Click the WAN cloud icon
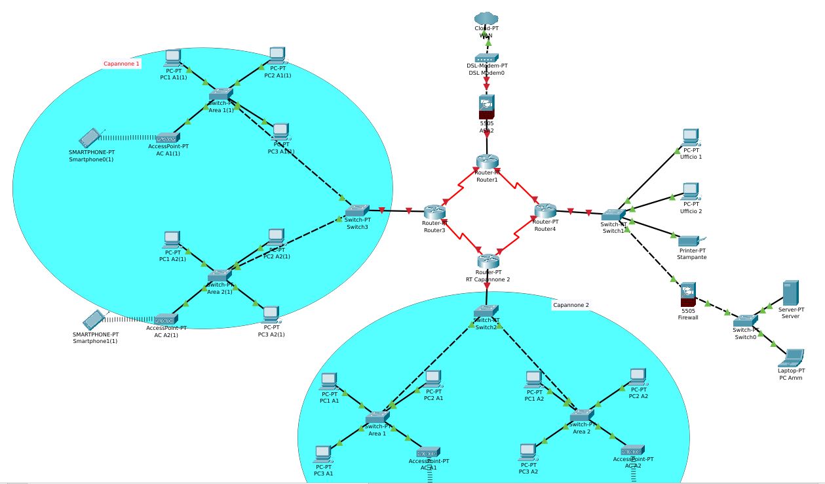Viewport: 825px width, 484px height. (487, 18)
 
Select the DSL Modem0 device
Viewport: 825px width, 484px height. (487, 58)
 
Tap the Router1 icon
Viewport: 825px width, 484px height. (487, 161)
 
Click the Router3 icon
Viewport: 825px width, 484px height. (434, 211)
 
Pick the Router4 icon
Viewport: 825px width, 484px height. (545, 211)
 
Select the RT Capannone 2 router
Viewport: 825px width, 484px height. (488, 260)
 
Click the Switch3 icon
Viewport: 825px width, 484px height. (357, 211)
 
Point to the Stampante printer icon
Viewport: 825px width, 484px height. (690, 241)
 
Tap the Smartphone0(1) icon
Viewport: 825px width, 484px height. (90, 138)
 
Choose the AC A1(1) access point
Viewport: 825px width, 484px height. (168, 138)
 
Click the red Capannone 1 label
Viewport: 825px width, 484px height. (122, 64)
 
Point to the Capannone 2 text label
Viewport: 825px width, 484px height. (571, 305)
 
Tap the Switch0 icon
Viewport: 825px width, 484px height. (745, 320)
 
